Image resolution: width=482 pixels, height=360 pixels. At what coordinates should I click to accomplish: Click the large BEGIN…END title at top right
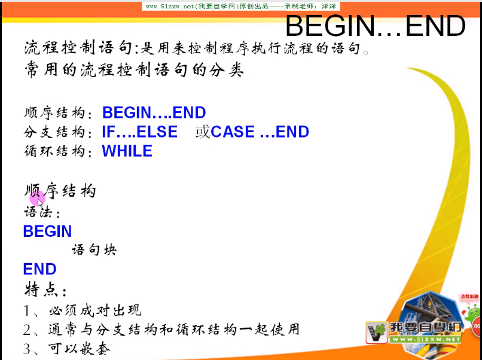pyautogui.click(x=375, y=26)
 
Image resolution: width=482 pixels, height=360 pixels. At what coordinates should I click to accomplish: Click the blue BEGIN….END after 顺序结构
pyautogui.click(x=154, y=113)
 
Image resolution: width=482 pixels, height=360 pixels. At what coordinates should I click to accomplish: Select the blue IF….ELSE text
pyautogui.click(x=139, y=132)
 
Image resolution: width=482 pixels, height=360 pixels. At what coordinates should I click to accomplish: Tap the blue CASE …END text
pyautogui.click(x=260, y=132)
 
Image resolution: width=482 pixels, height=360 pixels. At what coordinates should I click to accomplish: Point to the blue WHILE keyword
pyautogui.click(x=127, y=151)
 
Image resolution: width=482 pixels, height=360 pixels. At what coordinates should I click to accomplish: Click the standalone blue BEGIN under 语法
pyautogui.click(x=47, y=231)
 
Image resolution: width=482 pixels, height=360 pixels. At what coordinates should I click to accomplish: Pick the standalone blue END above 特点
pyautogui.click(x=39, y=269)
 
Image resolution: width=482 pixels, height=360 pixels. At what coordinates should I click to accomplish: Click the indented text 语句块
pyautogui.click(x=94, y=249)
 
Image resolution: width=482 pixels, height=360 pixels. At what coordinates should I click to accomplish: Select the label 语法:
pyautogui.click(x=42, y=212)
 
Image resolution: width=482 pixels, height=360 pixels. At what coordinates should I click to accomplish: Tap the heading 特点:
pyautogui.click(x=45, y=290)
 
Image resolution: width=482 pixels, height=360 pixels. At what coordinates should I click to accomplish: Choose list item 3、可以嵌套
pyautogui.click(x=67, y=349)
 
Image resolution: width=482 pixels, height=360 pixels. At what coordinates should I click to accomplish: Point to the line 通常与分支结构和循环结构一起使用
pyautogui.click(x=173, y=330)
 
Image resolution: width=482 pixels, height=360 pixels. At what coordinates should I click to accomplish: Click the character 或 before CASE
pyautogui.click(x=203, y=132)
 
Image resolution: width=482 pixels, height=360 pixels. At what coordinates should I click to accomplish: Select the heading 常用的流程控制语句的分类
pyautogui.click(x=134, y=70)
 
